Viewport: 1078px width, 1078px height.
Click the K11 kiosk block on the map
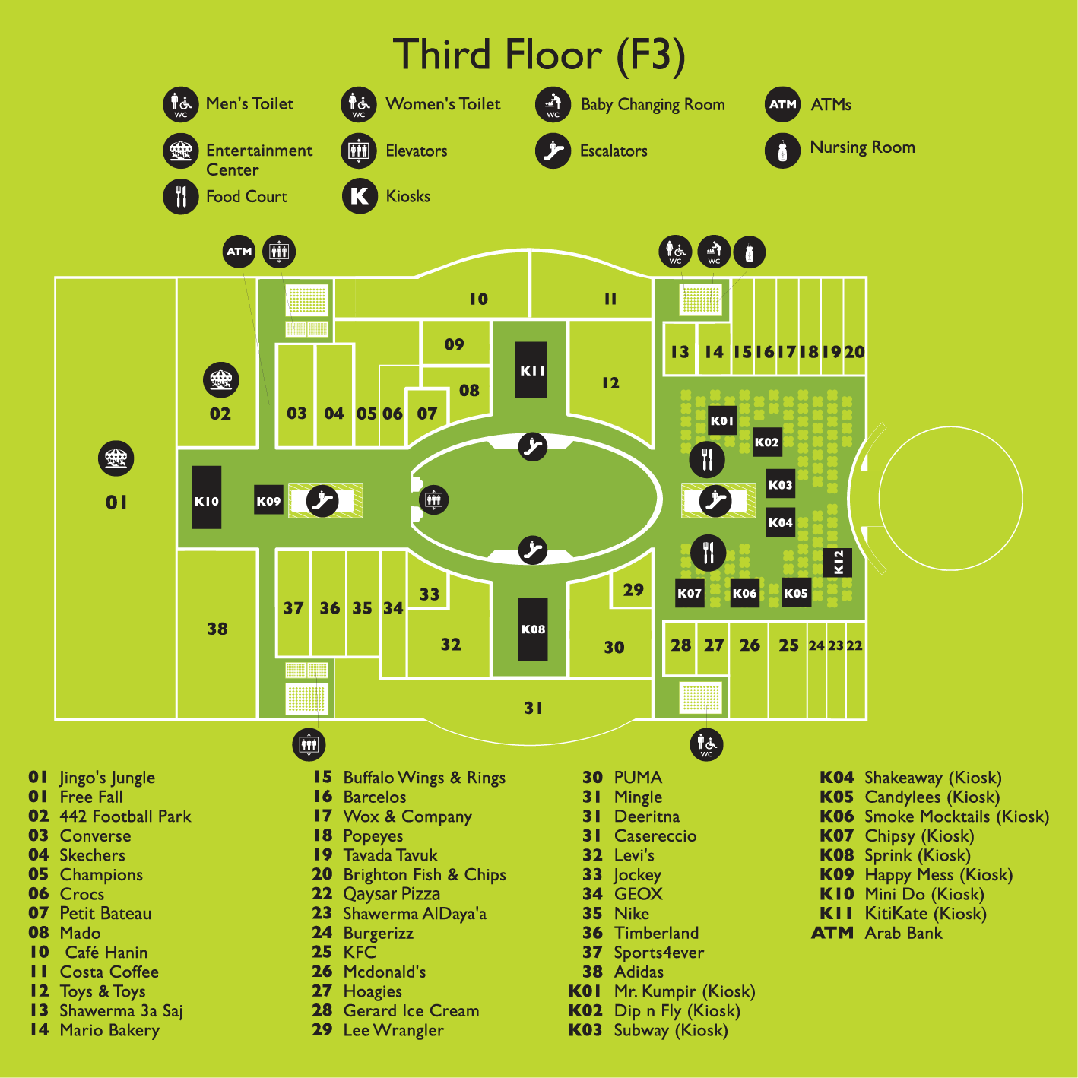point(531,370)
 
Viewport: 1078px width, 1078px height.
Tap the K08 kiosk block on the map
point(533,629)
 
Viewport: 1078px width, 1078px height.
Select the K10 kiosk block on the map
point(206,497)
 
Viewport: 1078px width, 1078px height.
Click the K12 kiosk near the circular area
point(838,563)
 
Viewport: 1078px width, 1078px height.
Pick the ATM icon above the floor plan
point(239,252)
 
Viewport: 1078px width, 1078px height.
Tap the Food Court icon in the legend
point(180,196)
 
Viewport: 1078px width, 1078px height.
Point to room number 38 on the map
point(217,629)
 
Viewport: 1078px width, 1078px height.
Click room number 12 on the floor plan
point(610,383)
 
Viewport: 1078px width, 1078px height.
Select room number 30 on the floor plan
point(614,648)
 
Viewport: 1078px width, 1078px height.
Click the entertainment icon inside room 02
point(220,379)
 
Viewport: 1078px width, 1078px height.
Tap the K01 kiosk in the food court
point(721,420)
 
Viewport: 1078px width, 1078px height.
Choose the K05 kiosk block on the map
point(796,593)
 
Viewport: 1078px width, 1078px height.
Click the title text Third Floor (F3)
point(539,55)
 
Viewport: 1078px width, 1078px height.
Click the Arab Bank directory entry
point(903,933)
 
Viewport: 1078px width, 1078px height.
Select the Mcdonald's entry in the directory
point(384,972)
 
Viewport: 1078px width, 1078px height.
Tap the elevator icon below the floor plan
point(309,744)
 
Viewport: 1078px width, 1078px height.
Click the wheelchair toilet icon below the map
point(706,744)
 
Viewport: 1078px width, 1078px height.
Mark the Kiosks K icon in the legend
point(360,196)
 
